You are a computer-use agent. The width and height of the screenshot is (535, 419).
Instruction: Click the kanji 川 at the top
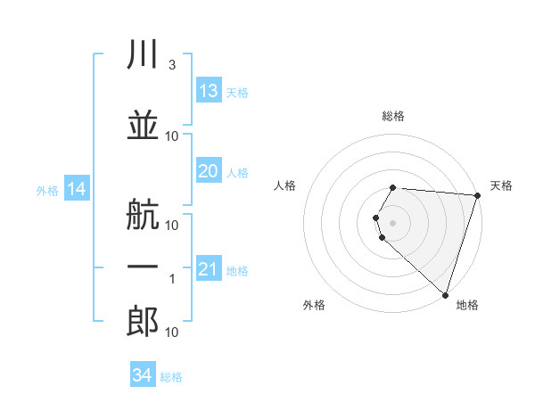click(143, 53)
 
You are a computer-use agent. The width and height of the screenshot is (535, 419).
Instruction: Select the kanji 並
click(143, 125)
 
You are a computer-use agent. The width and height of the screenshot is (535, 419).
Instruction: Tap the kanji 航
click(143, 214)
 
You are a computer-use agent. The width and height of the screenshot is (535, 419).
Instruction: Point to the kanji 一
click(143, 267)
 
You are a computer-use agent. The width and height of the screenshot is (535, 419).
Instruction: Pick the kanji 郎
click(143, 321)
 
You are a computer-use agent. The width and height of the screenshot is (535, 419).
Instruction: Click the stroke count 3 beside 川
click(172, 65)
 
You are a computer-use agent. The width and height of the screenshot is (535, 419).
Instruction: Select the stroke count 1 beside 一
click(172, 279)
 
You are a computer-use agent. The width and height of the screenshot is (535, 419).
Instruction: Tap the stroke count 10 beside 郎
click(171, 333)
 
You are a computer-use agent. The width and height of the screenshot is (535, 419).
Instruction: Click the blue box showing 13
click(210, 90)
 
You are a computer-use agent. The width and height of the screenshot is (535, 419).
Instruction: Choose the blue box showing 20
click(210, 170)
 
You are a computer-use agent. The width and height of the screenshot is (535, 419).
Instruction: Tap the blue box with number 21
click(210, 267)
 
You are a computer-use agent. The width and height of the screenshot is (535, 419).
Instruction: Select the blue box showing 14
click(77, 188)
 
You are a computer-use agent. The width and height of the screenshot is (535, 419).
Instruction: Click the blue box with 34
click(143, 374)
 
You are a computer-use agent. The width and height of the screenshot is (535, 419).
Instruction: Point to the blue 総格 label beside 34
click(171, 377)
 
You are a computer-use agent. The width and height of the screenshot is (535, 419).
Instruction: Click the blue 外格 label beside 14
click(47, 191)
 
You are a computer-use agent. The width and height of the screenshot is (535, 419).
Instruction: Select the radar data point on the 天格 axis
click(478, 195)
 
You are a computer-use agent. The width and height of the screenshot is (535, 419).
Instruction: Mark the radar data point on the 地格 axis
click(445, 295)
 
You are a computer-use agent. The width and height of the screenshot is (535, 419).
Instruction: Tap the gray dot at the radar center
click(392, 223)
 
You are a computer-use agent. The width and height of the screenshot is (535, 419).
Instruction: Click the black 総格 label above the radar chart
click(393, 116)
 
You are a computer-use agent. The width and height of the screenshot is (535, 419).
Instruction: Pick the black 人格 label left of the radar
click(284, 185)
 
